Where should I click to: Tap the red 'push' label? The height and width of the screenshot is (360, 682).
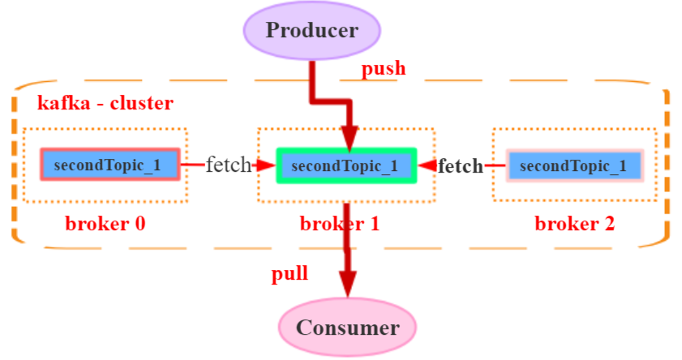[383, 69]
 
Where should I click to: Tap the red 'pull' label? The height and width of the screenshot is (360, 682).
[289, 273]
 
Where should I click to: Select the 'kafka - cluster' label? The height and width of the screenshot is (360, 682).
[105, 104]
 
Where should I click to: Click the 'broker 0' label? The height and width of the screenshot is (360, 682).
[105, 224]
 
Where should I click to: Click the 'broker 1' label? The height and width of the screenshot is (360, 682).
[340, 224]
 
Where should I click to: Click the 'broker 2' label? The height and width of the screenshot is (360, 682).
[574, 224]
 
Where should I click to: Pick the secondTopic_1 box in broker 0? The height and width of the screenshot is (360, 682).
[109, 165]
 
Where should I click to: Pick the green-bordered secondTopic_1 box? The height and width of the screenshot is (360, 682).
[345, 165]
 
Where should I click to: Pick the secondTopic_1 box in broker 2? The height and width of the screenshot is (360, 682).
[574, 165]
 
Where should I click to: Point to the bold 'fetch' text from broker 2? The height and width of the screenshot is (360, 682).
[461, 166]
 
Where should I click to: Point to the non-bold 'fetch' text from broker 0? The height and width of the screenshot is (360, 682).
[229, 165]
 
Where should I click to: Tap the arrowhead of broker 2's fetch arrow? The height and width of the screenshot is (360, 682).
[427, 166]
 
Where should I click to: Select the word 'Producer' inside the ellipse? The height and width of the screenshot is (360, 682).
[312, 31]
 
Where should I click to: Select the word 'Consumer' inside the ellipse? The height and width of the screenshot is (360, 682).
[347, 328]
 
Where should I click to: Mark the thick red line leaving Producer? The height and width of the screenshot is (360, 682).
[312, 81]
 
